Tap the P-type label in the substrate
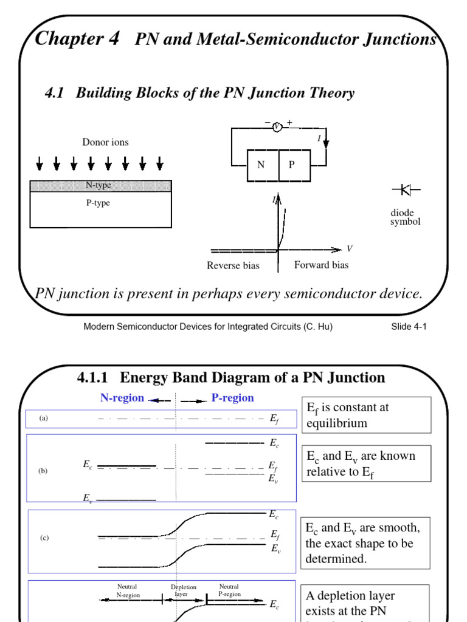[x=97, y=203]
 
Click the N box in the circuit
[x=261, y=165]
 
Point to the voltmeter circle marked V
[x=277, y=126]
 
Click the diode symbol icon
[x=402, y=191]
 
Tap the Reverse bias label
[x=233, y=265]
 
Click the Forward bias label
[x=322, y=265]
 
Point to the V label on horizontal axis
[x=350, y=249]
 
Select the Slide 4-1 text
[x=409, y=326]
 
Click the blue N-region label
[x=122, y=398]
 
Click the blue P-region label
[x=232, y=398]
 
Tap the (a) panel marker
[x=43, y=419]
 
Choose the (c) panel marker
[x=44, y=538]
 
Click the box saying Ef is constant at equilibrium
[x=365, y=415]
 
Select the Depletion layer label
[x=184, y=591]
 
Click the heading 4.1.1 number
[x=95, y=378]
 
